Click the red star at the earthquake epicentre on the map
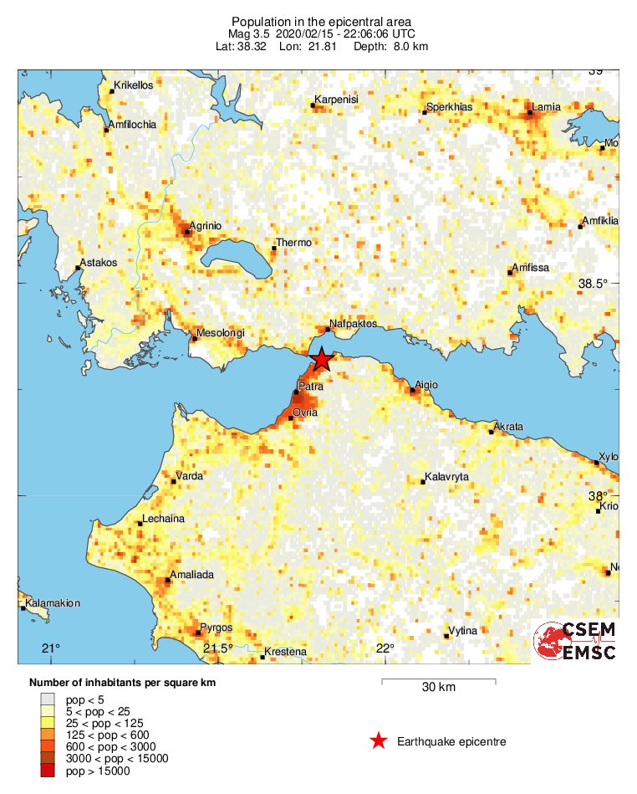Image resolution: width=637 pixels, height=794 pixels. coord(322,360)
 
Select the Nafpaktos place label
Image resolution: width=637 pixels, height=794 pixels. coord(354,323)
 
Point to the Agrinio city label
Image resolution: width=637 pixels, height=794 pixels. coord(205,226)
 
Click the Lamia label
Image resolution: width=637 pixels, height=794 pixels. coord(546,106)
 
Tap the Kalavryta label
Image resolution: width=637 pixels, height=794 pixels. coord(446,477)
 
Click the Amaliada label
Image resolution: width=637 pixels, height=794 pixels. coord(191,575)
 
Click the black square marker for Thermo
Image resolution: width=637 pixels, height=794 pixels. coord(274,248)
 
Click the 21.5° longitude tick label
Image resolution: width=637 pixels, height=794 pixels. coord(219,648)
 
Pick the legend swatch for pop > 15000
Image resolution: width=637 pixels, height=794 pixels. coord(48,771)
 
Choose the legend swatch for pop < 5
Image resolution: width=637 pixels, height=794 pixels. coord(48,699)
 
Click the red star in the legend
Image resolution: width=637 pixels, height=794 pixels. coord(379,740)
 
